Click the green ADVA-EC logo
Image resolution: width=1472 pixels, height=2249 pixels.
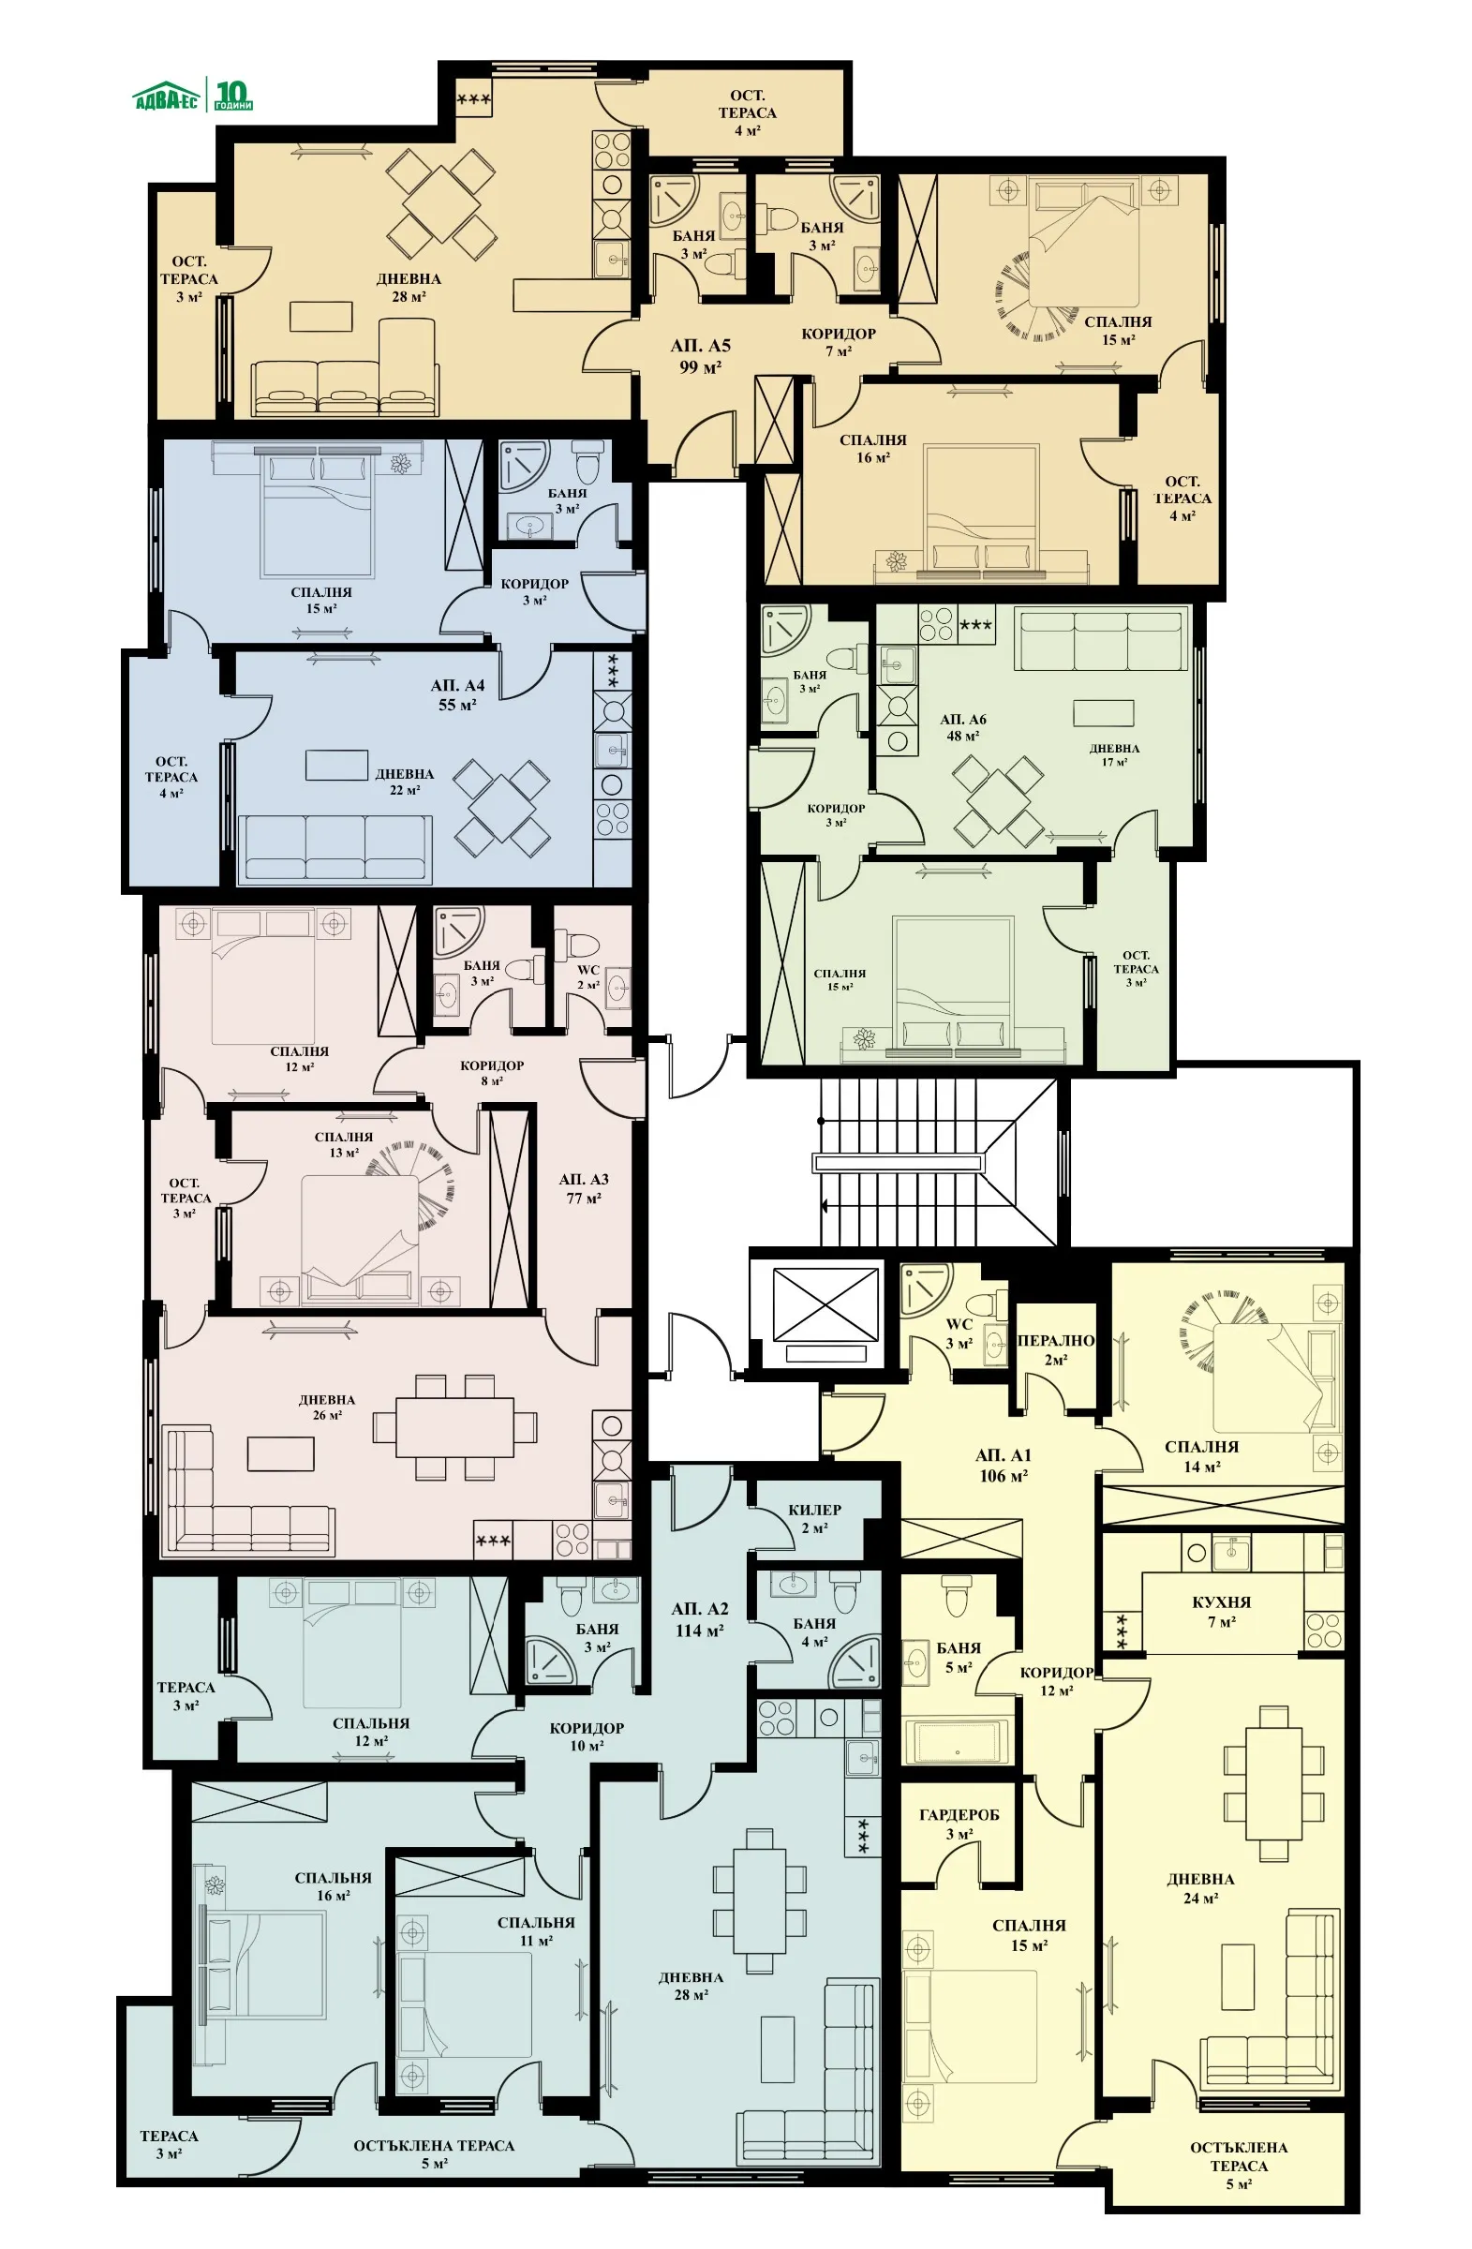[x=193, y=96]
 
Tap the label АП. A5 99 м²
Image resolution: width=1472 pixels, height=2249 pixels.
[x=700, y=356]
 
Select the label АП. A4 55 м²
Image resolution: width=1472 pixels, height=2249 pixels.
[x=457, y=694]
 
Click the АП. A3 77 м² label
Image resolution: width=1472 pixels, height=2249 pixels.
[x=583, y=1188]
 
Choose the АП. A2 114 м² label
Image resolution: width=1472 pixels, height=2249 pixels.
[x=699, y=1618]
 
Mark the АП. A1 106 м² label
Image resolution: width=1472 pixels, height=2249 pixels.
[x=1003, y=1465]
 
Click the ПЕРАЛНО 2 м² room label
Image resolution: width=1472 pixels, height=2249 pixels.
[x=1055, y=1349]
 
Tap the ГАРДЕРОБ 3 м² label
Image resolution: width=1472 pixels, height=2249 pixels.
[x=958, y=1824]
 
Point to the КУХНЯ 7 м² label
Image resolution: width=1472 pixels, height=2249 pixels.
[x=1221, y=1611]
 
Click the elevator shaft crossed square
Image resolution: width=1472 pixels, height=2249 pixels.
[x=825, y=1304]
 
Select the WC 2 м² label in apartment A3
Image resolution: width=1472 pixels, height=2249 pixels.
[x=587, y=976]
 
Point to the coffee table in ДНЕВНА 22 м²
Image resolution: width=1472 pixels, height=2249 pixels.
[x=336, y=765]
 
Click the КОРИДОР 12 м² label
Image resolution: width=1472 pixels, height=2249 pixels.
[x=1056, y=1680]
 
